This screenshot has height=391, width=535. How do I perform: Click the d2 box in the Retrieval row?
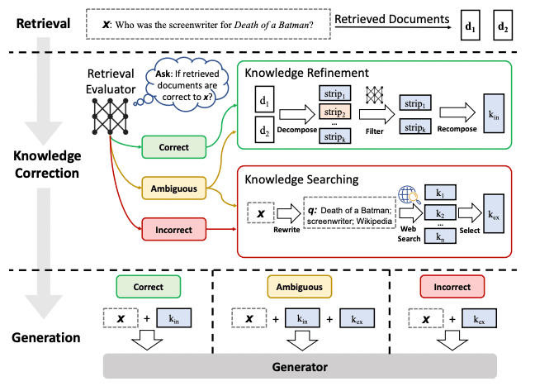click(x=503, y=26)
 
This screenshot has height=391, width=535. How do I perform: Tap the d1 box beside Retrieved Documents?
click(x=470, y=26)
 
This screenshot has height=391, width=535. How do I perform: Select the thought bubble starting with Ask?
click(x=187, y=84)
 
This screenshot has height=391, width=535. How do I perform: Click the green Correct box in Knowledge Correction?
click(x=174, y=147)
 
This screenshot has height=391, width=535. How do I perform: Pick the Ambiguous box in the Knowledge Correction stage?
click(x=174, y=188)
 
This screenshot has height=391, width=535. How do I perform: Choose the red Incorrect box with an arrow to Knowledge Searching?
click(x=174, y=230)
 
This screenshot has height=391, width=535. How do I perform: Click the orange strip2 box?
click(x=334, y=112)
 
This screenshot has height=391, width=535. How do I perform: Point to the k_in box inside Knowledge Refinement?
click(x=494, y=113)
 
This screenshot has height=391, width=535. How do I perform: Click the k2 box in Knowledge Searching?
click(x=440, y=213)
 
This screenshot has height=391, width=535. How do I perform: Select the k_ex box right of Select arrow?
click(x=494, y=214)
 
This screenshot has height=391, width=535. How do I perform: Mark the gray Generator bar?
click(x=300, y=366)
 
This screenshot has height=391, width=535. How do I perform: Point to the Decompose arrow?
click(x=297, y=114)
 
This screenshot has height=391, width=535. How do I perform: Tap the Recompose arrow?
click(x=457, y=112)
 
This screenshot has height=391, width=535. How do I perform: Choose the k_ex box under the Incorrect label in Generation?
click(x=479, y=318)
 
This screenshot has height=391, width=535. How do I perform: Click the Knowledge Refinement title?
click(x=307, y=73)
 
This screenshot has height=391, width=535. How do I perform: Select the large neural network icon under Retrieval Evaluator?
click(x=110, y=117)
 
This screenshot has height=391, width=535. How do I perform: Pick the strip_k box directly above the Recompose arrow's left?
click(x=415, y=127)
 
